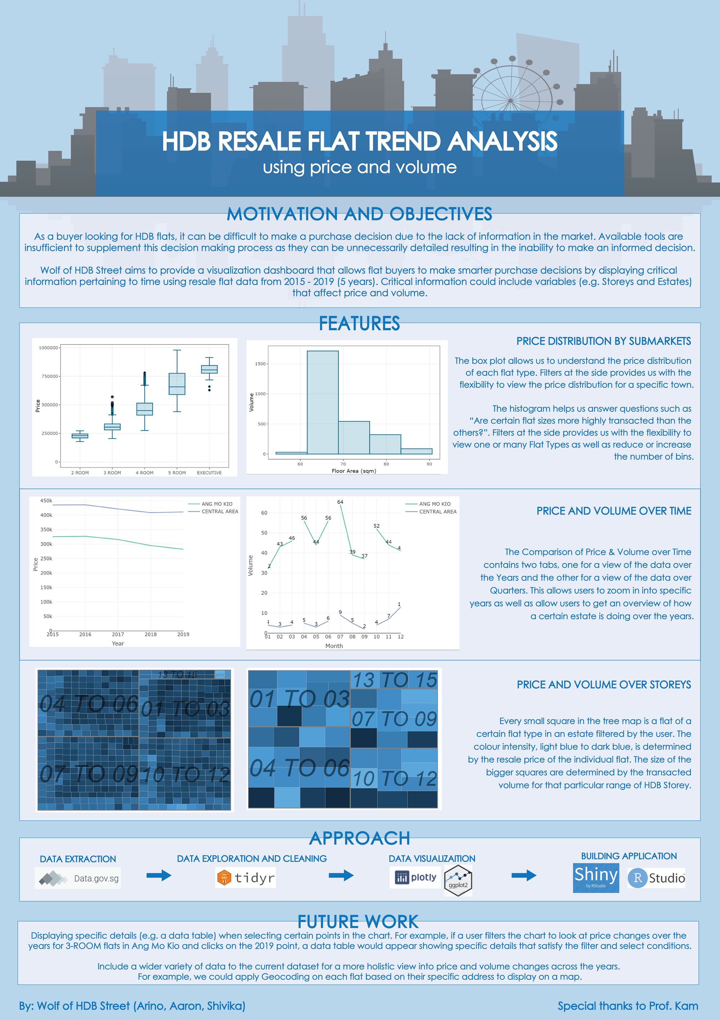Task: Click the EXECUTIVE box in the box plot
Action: coord(209,369)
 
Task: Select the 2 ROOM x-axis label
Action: coord(80,473)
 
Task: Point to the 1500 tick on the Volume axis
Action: coord(260,364)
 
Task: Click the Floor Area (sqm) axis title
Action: coord(354,471)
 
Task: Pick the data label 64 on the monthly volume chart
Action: coord(340,502)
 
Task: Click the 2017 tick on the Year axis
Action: coord(118,634)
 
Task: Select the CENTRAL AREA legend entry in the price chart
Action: coord(220,511)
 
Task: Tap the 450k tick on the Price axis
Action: coord(46,501)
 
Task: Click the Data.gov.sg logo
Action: coord(78,878)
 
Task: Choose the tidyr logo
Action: coord(246,878)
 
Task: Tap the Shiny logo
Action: coord(596,877)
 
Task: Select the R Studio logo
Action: coord(656,878)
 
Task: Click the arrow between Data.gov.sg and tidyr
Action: coord(159,876)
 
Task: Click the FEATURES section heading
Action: coord(359,323)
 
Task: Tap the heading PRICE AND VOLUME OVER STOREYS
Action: coord(604,685)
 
